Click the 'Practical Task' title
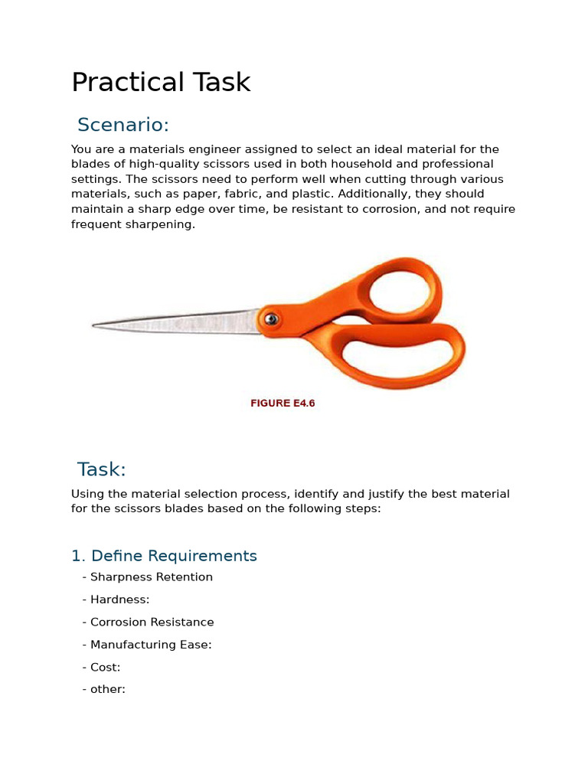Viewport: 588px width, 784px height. click(161, 83)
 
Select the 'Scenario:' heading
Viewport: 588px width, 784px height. click(123, 125)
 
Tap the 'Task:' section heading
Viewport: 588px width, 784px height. click(102, 469)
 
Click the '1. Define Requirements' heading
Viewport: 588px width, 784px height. click(164, 556)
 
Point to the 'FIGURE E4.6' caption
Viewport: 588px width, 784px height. click(283, 403)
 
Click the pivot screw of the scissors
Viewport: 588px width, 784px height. click(270, 318)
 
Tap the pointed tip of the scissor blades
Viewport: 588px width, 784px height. click(95, 326)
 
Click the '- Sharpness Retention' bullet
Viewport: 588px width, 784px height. click(148, 577)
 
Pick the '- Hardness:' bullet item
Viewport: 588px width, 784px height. click(116, 599)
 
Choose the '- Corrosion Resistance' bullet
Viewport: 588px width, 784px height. click(149, 622)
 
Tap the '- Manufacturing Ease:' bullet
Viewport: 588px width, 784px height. click(147, 645)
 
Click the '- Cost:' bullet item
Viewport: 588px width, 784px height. click(102, 668)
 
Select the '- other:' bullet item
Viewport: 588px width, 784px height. click(104, 689)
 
